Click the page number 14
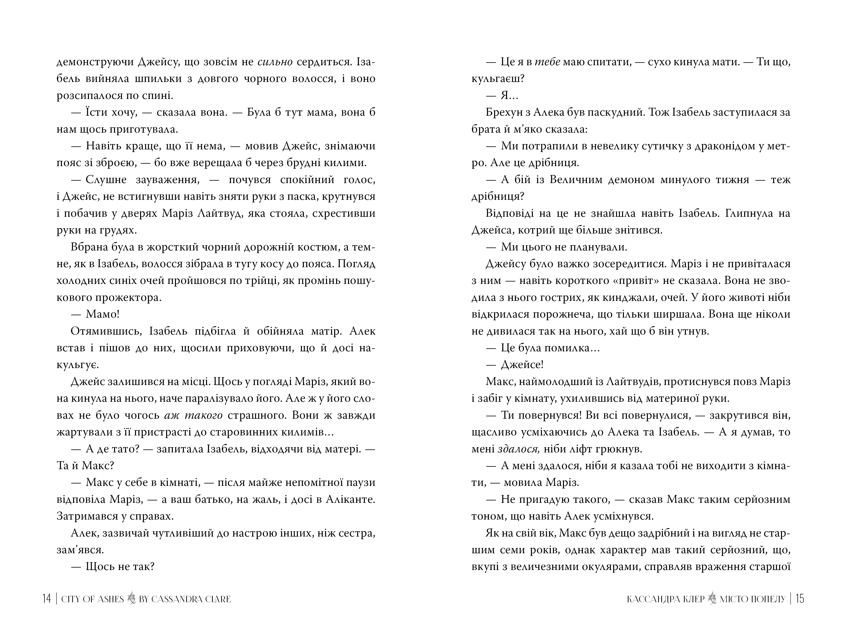click(46, 599)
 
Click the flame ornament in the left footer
click(131, 598)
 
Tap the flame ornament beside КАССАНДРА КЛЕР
click(712, 598)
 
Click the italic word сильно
click(275, 62)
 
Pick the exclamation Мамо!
click(103, 314)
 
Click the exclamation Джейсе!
click(522, 365)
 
